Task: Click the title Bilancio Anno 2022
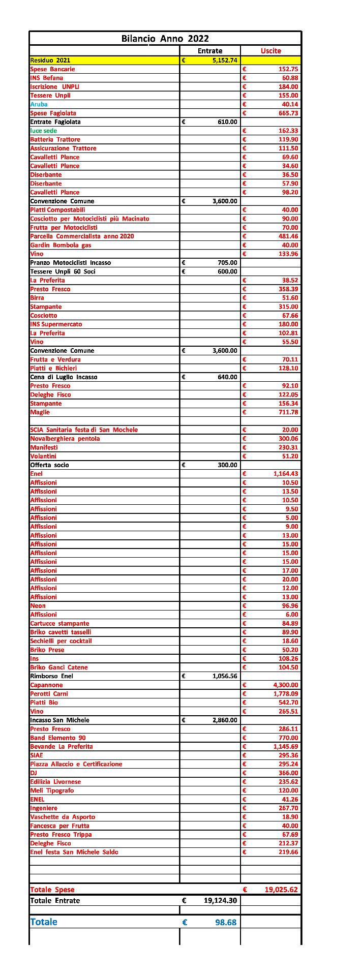(x=165, y=39)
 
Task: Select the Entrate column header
(x=210, y=51)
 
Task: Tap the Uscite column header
(x=271, y=51)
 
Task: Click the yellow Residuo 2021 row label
(x=50, y=60)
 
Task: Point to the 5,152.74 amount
(x=225, y=60)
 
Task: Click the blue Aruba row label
(x=39, y=104)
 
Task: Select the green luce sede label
(x=44, y=131)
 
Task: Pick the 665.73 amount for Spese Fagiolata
(x=288, y=113)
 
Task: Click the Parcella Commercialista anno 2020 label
(x=82, y=236)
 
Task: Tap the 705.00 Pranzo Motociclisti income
(x=228, y=263)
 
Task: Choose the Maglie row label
(x=40, y=412)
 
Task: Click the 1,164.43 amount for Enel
(x=286, y=474)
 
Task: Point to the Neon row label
(x=38, y=606)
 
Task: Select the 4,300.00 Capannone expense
(x=286, y=685)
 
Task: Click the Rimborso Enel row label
(x=52, y=676)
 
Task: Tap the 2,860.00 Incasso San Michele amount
(x=225, y=720)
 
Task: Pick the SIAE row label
(x=37, y=755)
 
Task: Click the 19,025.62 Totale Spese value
(x=281, y=890)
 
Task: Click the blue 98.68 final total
(x=226, y=922)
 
